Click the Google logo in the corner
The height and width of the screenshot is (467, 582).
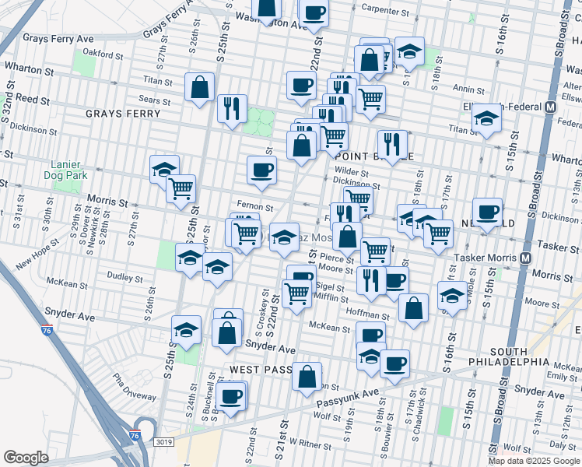pyautogui.click(x=25, y=458)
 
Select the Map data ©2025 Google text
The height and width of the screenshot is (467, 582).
pyautogui.click(x=534, y=461)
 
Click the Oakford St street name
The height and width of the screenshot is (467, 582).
pyautogui.click(x=104, y=56)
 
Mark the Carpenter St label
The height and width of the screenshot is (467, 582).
pyautogui.click(x=384, y=12)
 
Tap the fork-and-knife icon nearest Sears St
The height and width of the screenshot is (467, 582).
pyautogui.click(x=232, y=108)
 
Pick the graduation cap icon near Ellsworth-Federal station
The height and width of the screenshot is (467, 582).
pyautogui.click(x=487, y=118)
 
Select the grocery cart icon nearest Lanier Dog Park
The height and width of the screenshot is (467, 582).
pyautogui.click(x=181, y=188)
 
